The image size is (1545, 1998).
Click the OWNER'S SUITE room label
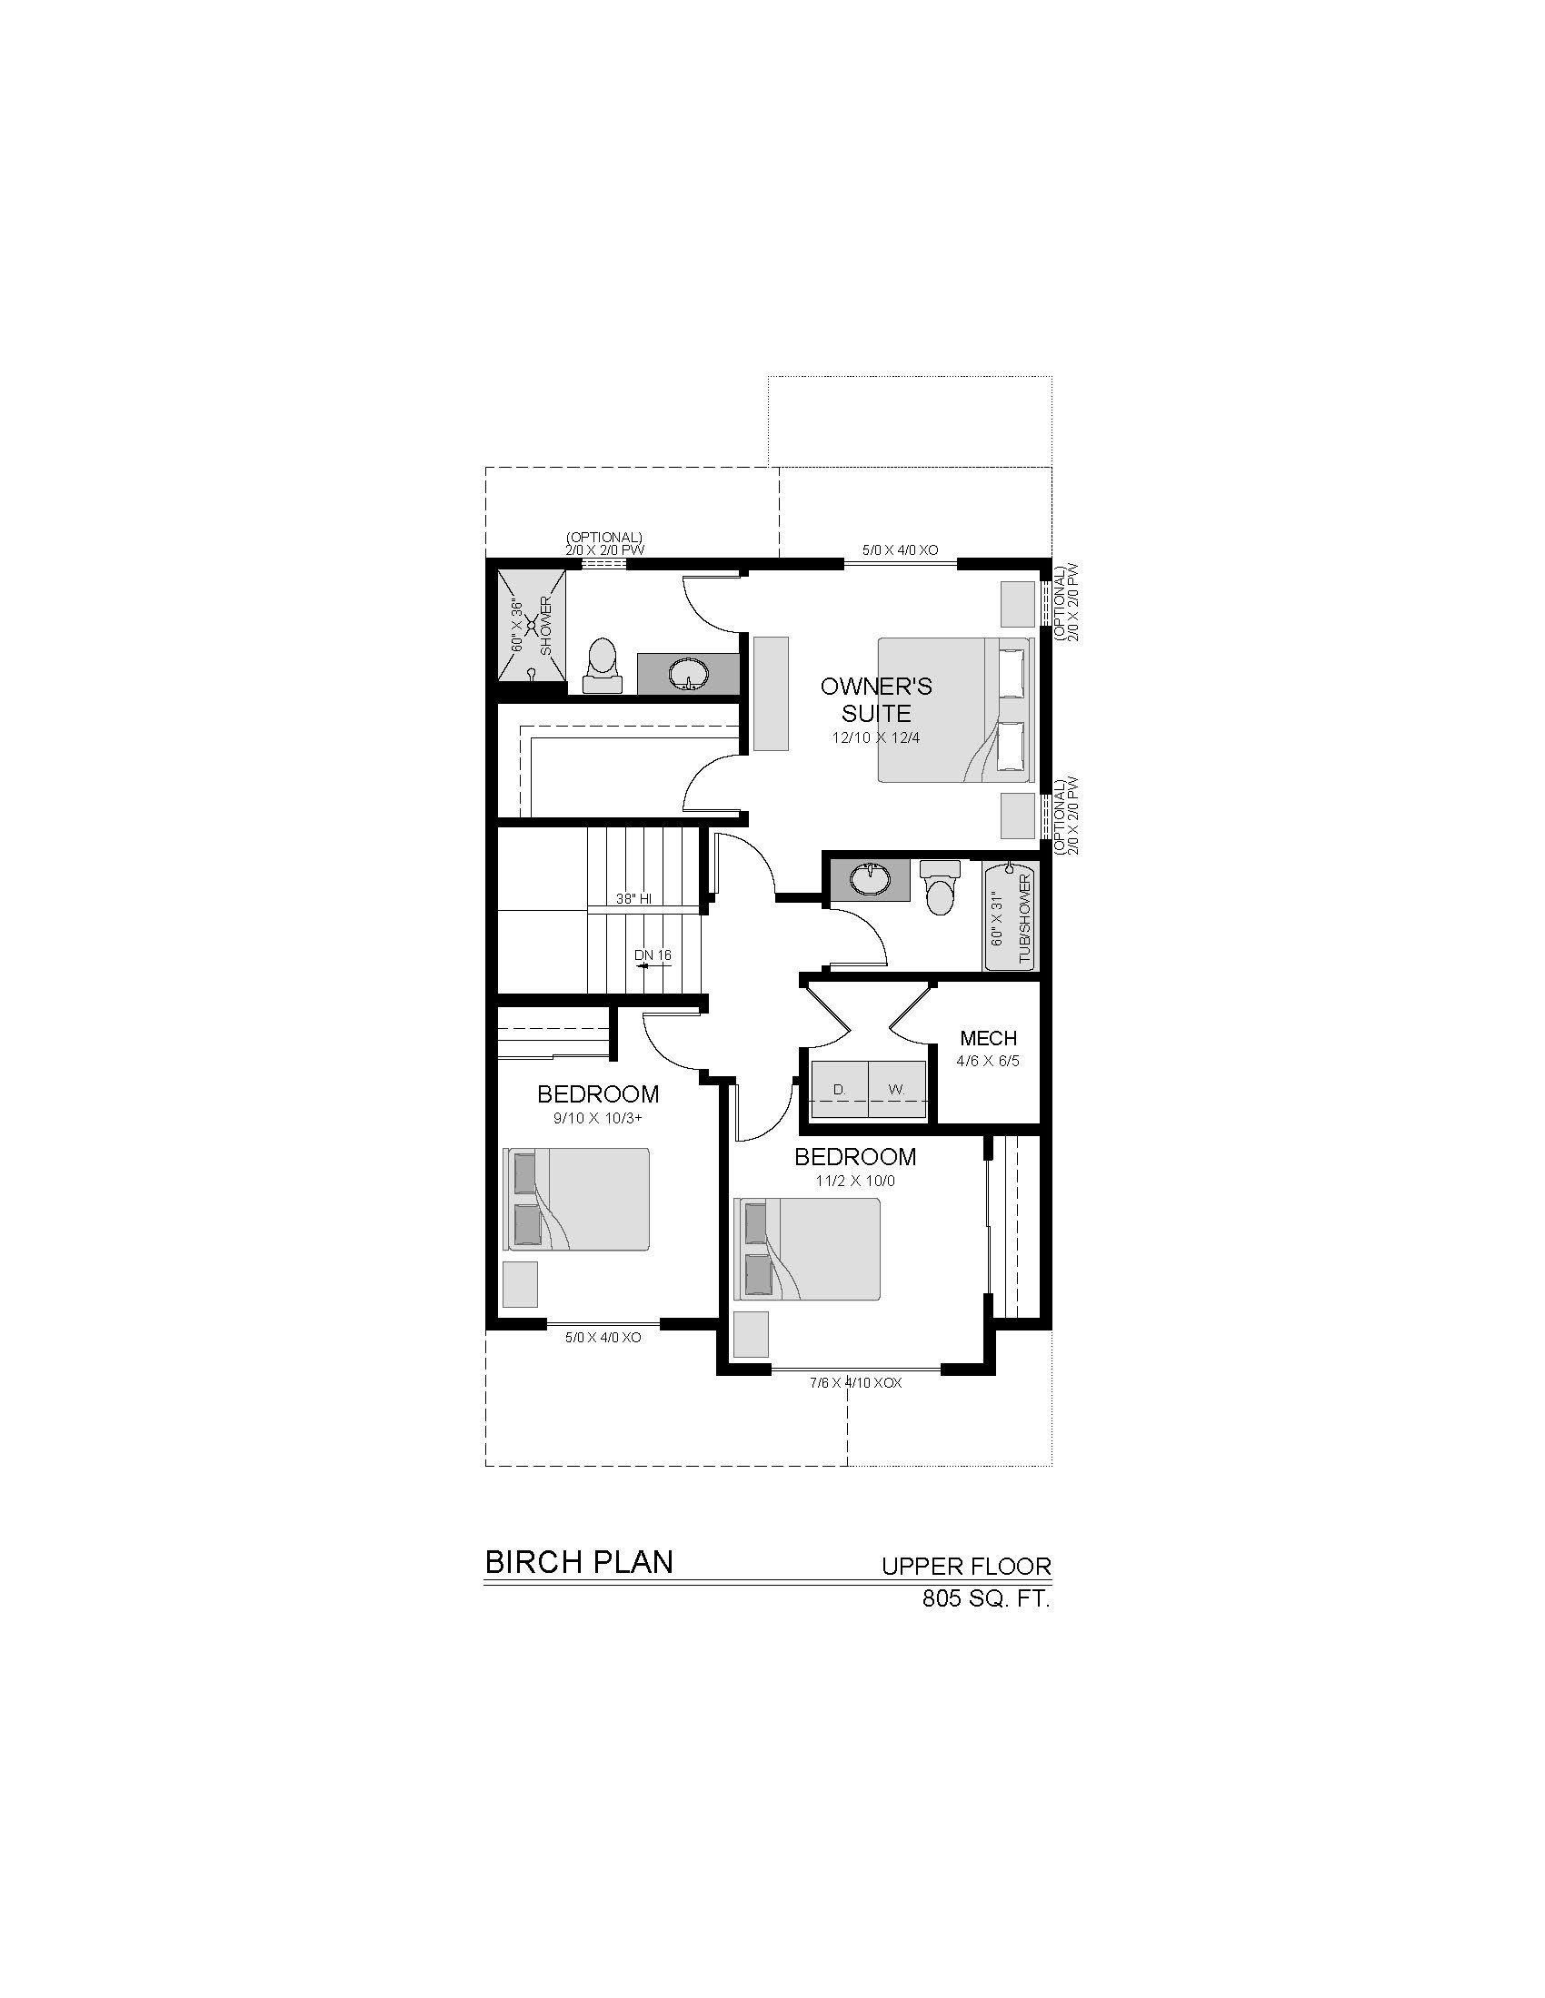click(876, 699)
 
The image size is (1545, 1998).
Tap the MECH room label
click(989, 1038)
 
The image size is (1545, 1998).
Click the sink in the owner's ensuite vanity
click(688, 675)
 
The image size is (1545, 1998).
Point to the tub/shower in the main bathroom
click(1009, 915)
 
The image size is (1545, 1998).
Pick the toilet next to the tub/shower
click(939, 886)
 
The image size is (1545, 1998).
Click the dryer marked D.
click(840, 1090)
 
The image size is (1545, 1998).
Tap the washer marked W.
click(898, 1090)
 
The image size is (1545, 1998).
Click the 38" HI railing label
click(633, 898)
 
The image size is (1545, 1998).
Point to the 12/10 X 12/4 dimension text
click(876, 737)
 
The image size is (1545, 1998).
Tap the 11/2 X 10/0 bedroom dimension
click(855, 1181)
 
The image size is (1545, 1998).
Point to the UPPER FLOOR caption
click(967, 1567)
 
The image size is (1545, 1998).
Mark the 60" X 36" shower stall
click(530, 625)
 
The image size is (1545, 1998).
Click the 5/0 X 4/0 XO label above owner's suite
click(901, 549)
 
